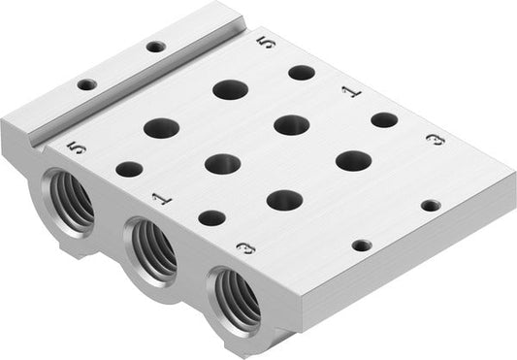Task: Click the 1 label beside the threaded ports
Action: click(x=161, y=198)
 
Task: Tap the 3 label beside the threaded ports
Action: click(x=247, y=249)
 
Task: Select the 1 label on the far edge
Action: click(x=350, y=91)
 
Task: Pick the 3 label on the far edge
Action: click(x=436, y=140)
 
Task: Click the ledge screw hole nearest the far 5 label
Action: click(x=155, y=46)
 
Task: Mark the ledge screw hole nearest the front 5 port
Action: click(x=86, y=84)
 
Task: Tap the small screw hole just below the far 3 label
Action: click(x=431, y=205)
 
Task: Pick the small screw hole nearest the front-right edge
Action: click(x=362, y=245)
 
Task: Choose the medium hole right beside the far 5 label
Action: click(x=302, y=73)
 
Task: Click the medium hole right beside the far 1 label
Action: click(x=384, y=119)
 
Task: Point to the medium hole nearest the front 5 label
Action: click(x=129, y=169)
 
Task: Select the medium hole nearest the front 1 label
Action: click(x=211, y=217)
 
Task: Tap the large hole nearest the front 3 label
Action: click(x=284, y=200)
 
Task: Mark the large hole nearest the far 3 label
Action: click(x=354, y=161)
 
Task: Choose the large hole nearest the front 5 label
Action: click(x=162, y=127)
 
